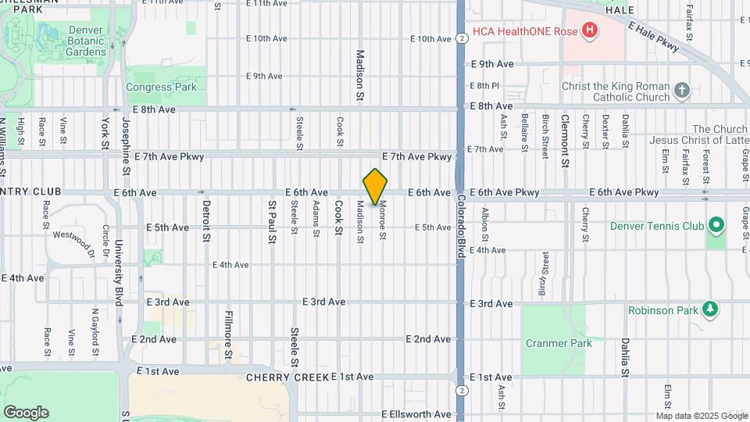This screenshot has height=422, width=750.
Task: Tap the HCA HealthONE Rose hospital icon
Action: (590, 32)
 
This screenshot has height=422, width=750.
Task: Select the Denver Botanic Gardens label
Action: (76, 41)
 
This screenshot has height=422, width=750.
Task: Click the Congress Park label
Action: (161, 88)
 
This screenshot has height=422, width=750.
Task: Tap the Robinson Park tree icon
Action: (709, 310)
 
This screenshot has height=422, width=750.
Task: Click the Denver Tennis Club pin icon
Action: (716, 227)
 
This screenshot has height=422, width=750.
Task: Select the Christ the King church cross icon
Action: (682, 91)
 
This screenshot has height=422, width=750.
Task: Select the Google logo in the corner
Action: (26, 412)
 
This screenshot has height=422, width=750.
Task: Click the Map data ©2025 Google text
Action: (701, 416)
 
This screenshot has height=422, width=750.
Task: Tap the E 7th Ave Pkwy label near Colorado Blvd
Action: (417, 157)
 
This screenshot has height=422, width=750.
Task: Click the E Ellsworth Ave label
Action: (416, 414)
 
